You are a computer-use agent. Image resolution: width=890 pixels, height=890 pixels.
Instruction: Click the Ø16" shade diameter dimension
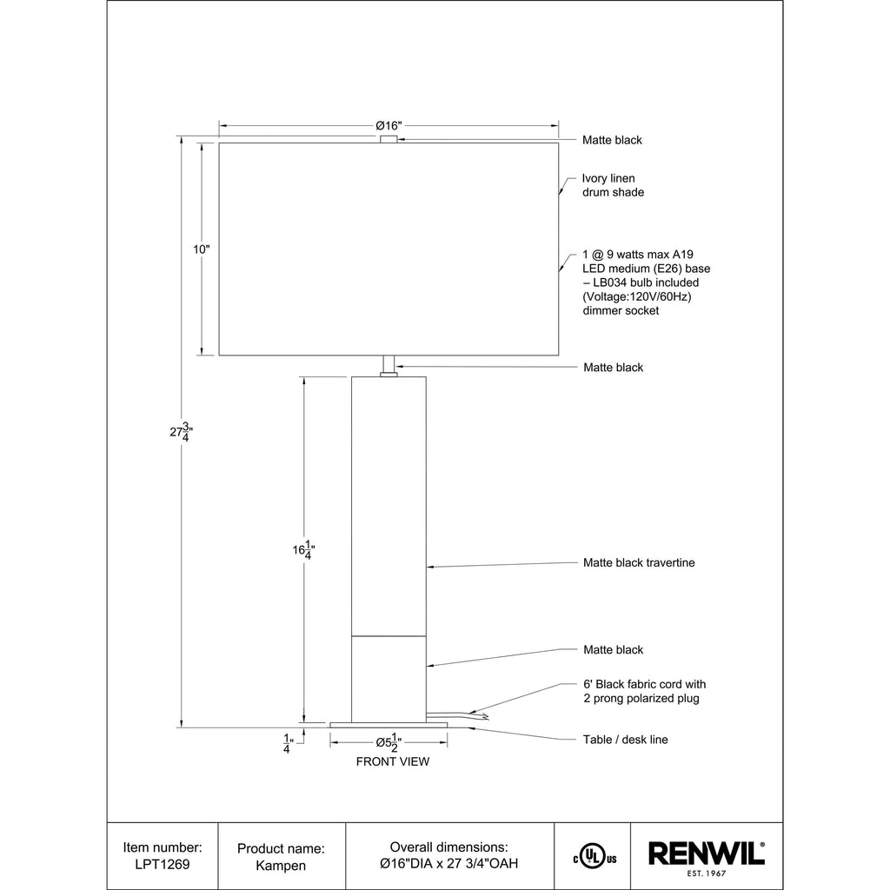pyautogui.click(x=389, y=125)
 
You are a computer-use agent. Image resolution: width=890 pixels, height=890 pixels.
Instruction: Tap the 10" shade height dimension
pyautogui.click(x=202, y=249)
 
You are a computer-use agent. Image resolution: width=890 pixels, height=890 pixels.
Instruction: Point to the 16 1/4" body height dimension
pyautogui.click(x=303, y=549)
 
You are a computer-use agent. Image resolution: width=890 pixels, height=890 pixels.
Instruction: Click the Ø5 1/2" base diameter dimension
pyautogui.click(x=389, y=742)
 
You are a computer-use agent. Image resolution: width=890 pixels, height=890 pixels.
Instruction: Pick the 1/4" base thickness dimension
pyautogui.click(x=289, y=744)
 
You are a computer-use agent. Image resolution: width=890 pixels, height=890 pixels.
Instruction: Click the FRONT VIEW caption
pyautogui.click(x=393, y=761)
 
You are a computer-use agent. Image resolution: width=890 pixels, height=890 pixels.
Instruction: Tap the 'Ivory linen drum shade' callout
pyautogui.click(x=613, y=186)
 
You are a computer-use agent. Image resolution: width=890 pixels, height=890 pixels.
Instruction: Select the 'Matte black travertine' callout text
pyautogui.click(x=639, y=562)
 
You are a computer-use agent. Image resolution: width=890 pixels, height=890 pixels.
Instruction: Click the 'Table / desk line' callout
pyautogui.click(x=626, y=740)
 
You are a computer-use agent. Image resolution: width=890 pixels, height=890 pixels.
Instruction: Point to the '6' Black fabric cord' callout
pyautogui.click(x=645, y=691)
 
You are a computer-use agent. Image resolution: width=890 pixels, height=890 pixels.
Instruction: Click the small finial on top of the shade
pyautogui.click(x=389, y=139)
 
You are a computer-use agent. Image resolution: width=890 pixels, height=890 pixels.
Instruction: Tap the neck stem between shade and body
pyautogui.click(x=389, y=366)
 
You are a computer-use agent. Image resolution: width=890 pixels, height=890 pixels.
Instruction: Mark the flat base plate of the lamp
pyautogui.click(x=389, y=725)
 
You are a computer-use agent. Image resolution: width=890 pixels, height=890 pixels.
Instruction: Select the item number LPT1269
pyautogui.click(x=163, y=865)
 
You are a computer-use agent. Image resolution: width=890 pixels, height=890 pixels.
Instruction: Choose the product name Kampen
pyautogui.click(x=281, y=866)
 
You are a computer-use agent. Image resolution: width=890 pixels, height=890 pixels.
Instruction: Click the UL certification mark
pyautogui.click(x=594, y=856)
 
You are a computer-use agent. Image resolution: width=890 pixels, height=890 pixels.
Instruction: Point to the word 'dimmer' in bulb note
pyautogui.click(x=601, y=310)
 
